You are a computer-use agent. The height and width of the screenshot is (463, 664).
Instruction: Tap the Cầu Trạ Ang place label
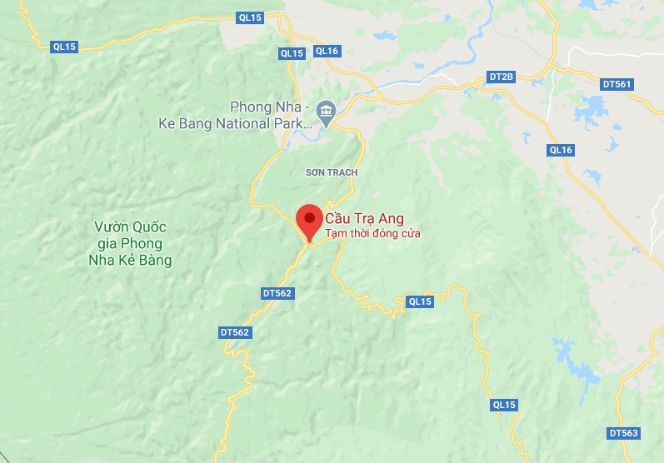364,219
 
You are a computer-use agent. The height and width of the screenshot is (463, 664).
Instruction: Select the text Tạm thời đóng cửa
372,234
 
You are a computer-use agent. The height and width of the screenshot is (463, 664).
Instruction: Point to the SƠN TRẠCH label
331,172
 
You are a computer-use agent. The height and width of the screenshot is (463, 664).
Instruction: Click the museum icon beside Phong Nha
325,110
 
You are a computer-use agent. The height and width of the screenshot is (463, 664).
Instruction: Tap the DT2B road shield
502,77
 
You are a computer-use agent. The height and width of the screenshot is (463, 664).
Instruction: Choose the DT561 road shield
617,84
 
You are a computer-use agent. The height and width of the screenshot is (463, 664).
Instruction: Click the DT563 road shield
624,433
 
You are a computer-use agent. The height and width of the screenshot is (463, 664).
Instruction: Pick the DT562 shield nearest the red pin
277,293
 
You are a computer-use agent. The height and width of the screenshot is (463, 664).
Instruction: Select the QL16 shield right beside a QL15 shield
327,52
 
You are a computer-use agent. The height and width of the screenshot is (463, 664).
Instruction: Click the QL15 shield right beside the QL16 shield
292,53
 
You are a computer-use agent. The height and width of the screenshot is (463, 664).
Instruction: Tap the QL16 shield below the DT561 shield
561,150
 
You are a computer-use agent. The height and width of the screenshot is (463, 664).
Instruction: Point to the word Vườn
111,227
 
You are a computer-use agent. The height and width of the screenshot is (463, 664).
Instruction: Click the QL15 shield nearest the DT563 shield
504,405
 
